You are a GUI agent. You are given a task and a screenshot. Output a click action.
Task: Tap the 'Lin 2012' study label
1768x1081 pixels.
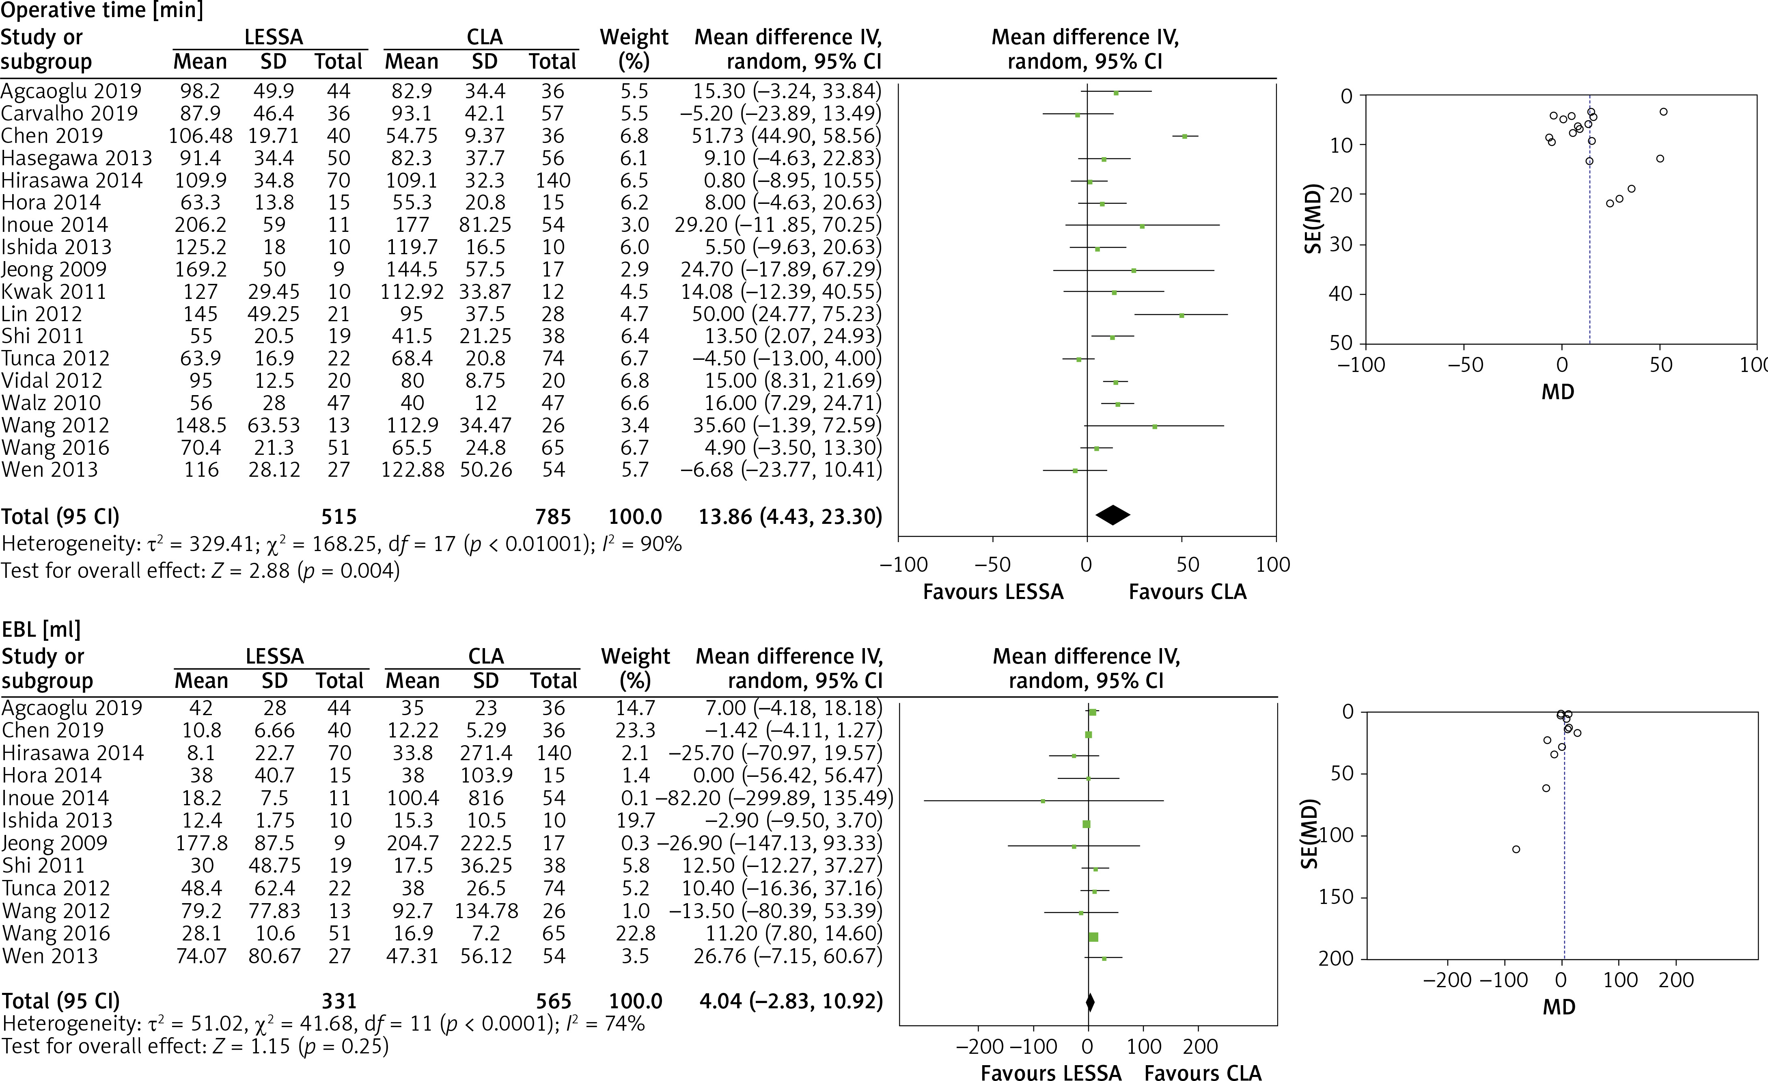(42, 313)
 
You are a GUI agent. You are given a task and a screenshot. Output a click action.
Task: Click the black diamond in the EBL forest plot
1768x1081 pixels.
(1090, 1001)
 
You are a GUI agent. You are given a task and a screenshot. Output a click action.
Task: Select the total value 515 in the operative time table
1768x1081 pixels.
(339, 517)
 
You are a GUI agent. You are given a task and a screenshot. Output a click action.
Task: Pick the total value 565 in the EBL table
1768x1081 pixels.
(553, 1001)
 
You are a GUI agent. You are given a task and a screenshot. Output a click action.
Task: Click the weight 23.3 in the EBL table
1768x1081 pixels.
(635, 730)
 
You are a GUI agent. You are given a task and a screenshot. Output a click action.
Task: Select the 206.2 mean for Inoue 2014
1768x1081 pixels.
(200, 225)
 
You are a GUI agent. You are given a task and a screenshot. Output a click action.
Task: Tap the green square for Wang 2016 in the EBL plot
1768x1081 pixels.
(1093, 937)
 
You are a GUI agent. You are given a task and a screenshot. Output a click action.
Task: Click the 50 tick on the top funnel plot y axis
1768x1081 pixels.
(1341, 343)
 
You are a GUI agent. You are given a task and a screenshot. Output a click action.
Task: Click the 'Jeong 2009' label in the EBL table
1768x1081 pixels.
(54, 843)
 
